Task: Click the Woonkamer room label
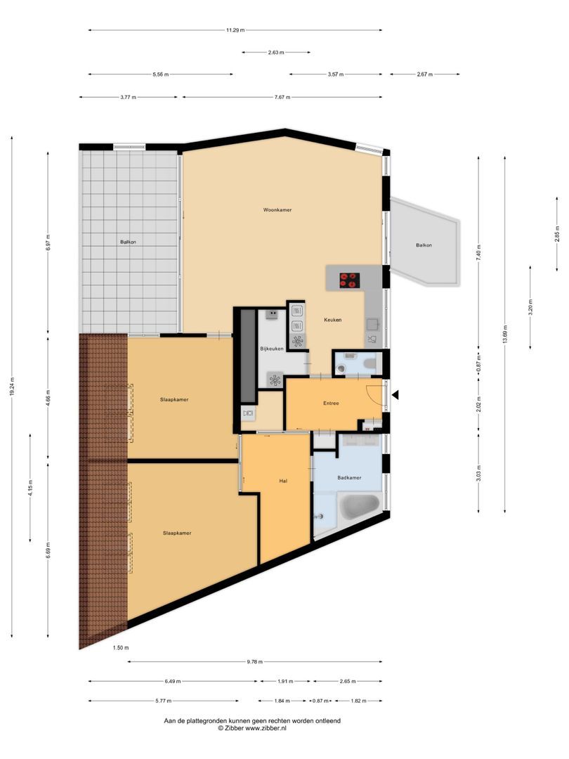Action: tap(277, 209)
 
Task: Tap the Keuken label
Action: tap(332, 320)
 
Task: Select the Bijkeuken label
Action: tap(271, 349)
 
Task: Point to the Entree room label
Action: tap(331, 403)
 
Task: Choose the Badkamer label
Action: tap(349, 478)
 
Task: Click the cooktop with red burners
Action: tap(349, 280)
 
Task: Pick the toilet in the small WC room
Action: tap(370, 363)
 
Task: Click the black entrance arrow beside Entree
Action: tap(395, 396)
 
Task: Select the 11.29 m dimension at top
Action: tap(235, 30)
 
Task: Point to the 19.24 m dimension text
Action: tap(12, 387)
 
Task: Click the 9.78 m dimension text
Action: tap(255, 661)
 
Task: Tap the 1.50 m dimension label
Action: tap(121, 647)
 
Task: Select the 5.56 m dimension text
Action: tap(160, 74)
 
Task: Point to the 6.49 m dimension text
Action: tap(172, 681)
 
